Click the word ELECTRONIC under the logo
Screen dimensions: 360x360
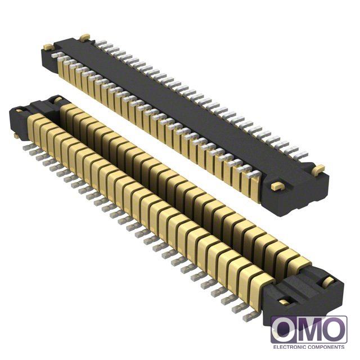[290, 347]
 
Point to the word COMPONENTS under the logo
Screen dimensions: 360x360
[326, 347]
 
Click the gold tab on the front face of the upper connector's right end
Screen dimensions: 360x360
[277, 186]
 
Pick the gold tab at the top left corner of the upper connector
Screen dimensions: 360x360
[85, 37]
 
